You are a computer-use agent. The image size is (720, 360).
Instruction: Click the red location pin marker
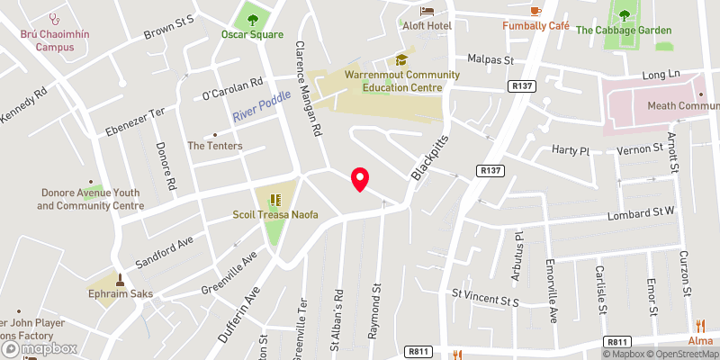360,179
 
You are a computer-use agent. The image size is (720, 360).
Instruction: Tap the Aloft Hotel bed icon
427,10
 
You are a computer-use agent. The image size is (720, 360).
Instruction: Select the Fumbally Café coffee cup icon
535,9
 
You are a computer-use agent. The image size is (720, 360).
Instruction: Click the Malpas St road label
490,59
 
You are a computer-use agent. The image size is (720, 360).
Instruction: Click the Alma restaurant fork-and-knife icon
699,326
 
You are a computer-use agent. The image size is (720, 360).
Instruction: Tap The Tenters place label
210,145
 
